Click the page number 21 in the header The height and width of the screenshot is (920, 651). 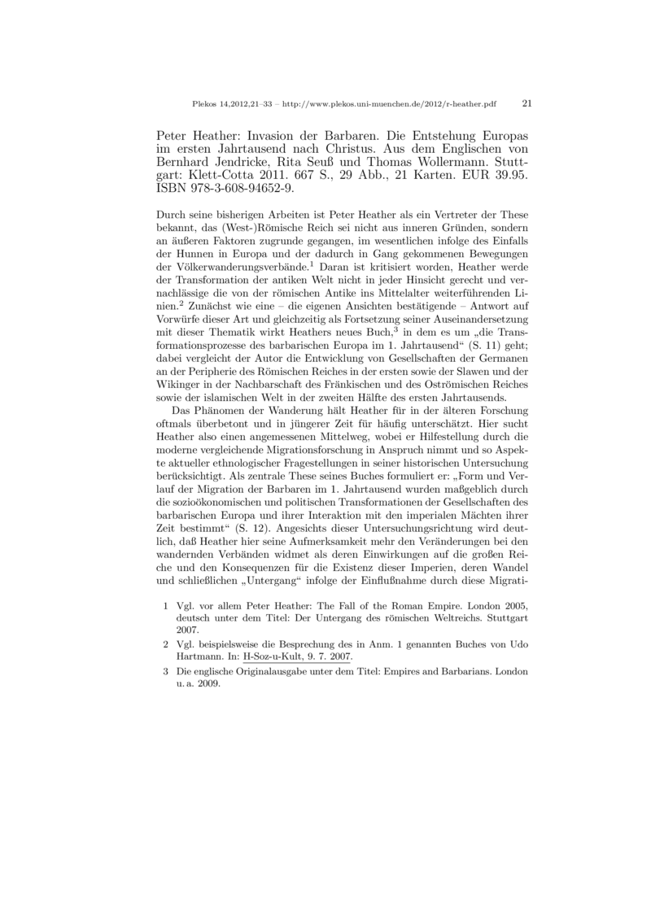coord(526,104)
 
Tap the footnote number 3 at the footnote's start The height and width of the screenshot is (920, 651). coord(165,672)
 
